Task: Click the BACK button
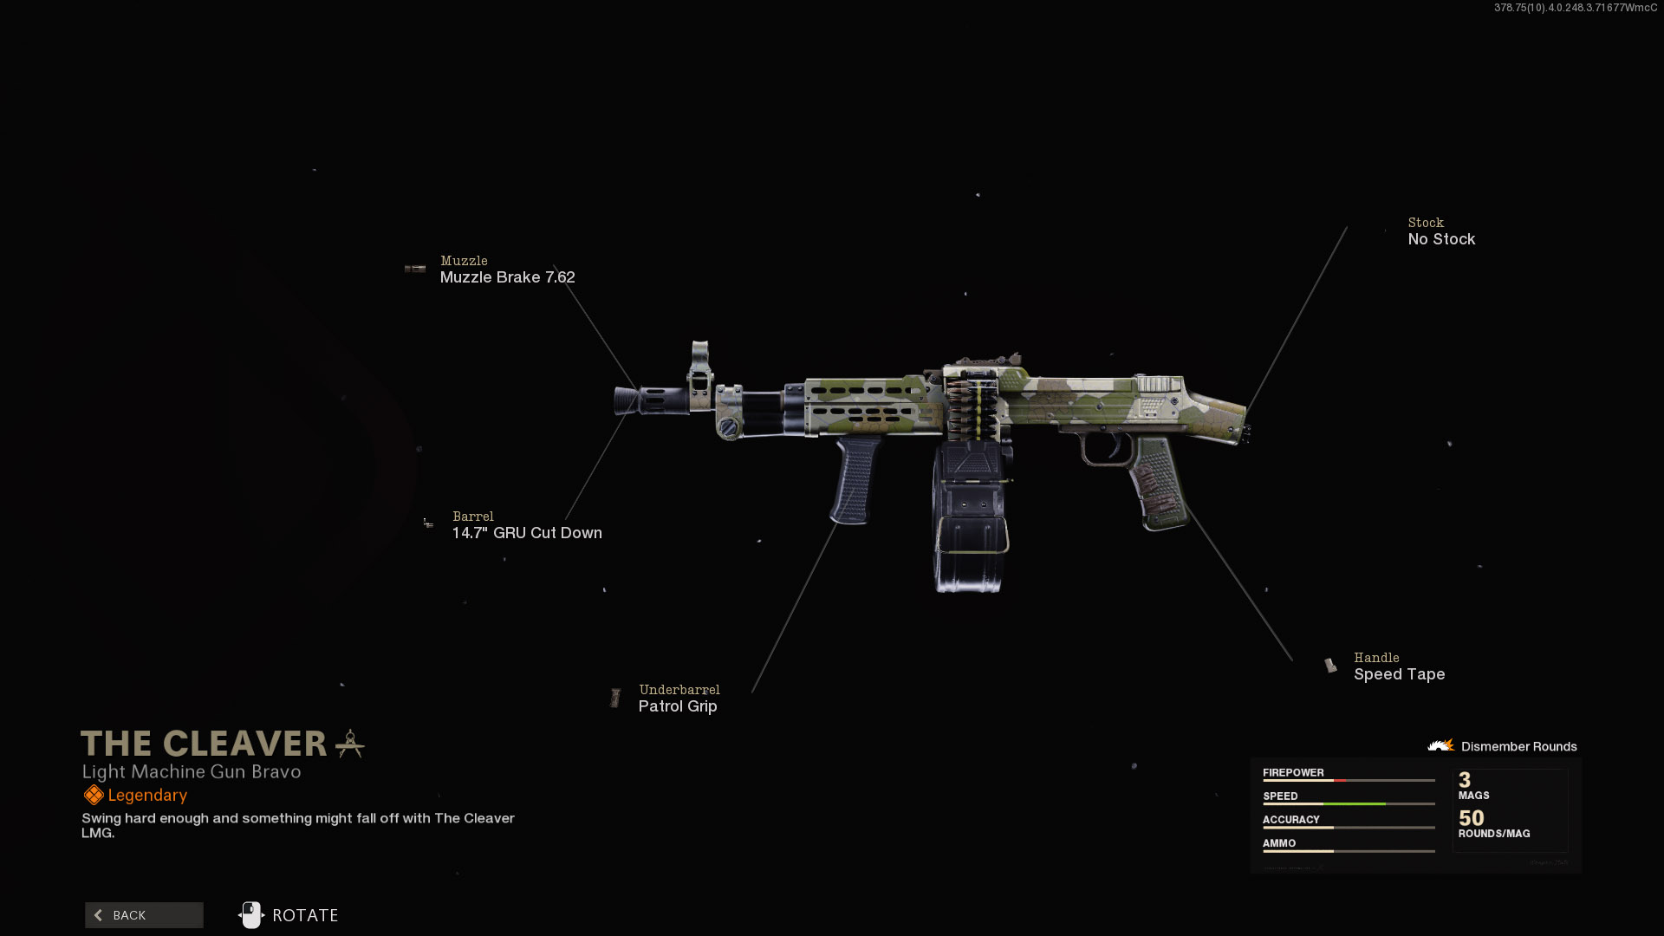point(144,915)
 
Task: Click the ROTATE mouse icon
point(251,915)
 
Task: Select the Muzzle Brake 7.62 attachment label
point(507,277)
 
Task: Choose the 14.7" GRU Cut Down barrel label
point(527,533)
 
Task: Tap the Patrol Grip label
point(678,706)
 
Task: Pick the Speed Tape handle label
point(1399,674)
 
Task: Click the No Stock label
point(1441,239)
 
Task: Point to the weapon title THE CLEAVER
point(205,744)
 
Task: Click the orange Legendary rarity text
point(147,796)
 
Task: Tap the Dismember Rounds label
point(1518,746)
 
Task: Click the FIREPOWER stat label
point(1293,772)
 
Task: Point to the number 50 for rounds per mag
point(1471,818)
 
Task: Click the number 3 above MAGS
point(1465,780)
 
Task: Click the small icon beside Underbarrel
point(615,698)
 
